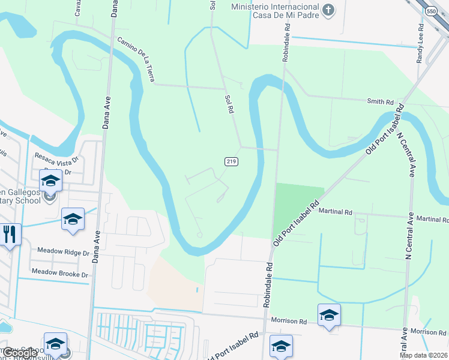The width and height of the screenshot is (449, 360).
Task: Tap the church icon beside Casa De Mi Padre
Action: [328, 10]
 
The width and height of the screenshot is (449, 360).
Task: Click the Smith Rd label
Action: [381, 102]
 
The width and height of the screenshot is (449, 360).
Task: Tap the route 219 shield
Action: [232, 161]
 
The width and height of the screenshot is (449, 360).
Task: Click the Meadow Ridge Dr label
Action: [63, 252]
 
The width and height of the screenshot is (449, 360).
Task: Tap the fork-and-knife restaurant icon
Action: [10, 233]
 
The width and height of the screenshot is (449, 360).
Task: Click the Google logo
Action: [19, 353]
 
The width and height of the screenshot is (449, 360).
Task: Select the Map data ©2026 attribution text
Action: [423, 355]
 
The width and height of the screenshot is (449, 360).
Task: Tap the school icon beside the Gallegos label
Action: [50, 181]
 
